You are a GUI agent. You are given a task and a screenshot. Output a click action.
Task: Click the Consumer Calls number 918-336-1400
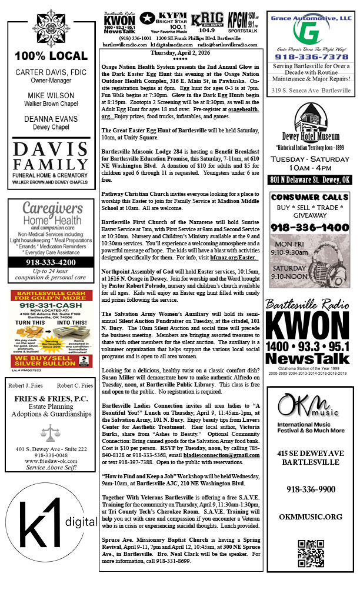tap(309, 227)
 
